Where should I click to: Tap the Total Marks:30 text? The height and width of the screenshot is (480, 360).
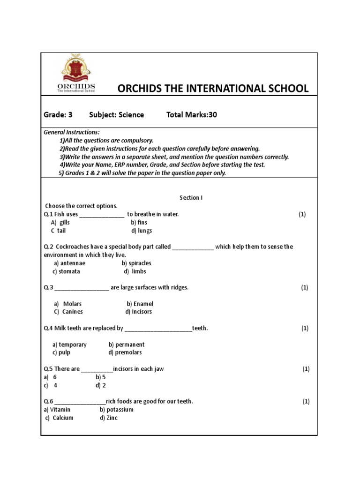(x=192, y=115)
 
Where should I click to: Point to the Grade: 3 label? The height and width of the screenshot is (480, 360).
(x=58, y=115)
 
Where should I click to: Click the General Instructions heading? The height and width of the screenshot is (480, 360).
(x=72, y=133)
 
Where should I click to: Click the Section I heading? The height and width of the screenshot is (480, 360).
(x=191, y=198)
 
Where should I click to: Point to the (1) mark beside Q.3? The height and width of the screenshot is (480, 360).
(x=305, y=287)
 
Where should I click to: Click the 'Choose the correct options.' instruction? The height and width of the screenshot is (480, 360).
(x=82, y=206)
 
